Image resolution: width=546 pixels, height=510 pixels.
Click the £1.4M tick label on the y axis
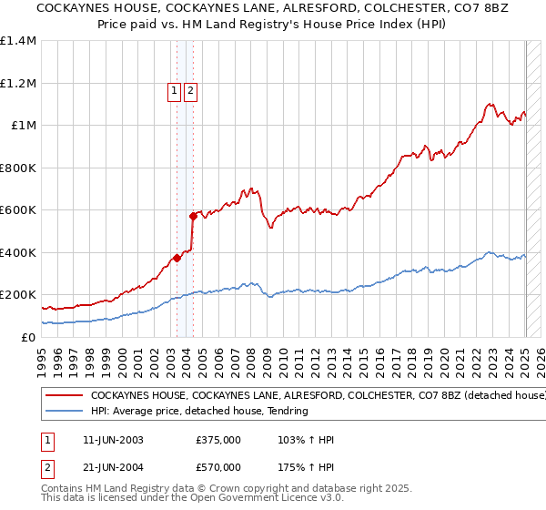pos(18,41)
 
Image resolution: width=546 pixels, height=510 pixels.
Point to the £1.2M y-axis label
pos(18,83)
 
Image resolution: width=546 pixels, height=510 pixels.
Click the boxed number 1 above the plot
pos(173,90)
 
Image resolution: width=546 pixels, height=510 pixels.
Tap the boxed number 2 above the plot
pos(191,90)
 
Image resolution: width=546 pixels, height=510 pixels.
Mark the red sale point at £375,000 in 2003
pos(177,258)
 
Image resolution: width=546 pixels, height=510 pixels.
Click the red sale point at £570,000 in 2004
pos(193,216)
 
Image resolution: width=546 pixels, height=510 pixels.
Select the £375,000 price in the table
pos(218,440)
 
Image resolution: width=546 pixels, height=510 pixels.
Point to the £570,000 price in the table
pos(218,467)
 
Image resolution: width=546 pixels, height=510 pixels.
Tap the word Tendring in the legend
pos(286,411)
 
